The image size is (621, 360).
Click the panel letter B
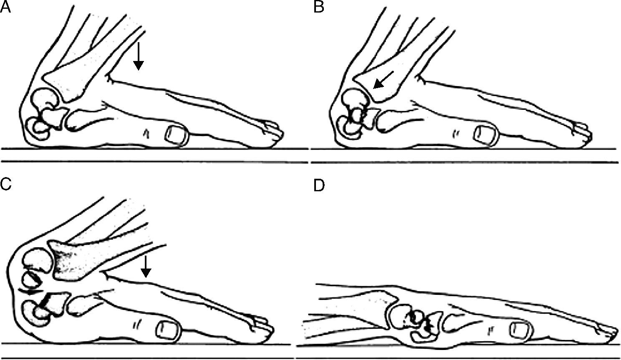tap(318, 8)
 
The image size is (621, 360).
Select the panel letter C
tap(5, 184)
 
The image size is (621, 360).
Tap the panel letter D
tap(319, 186)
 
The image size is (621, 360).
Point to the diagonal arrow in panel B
tap(384, 80)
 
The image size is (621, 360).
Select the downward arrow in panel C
tap(146, 266)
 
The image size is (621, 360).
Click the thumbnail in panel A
tap(177, 135)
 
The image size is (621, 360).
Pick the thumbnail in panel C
tap(169, 331)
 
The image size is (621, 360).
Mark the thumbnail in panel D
tap(521, 331)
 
